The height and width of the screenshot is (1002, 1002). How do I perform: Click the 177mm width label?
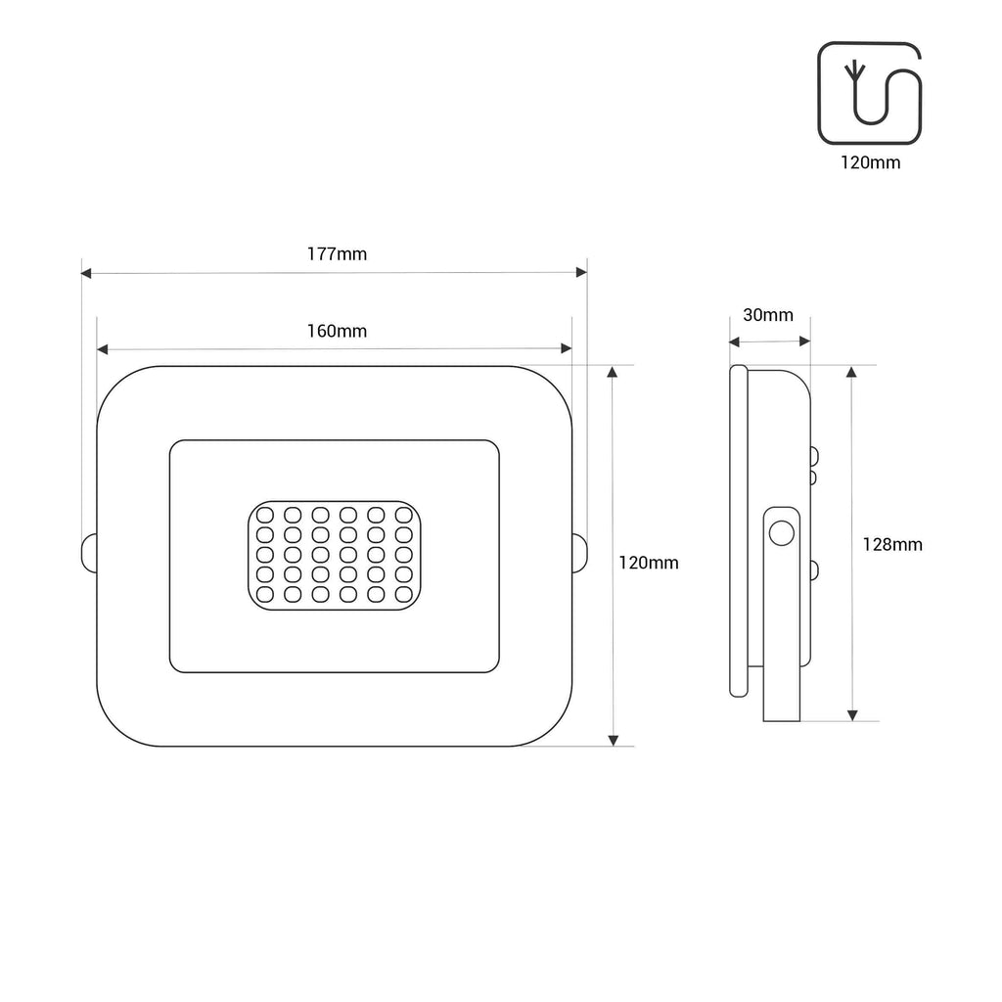[x=337, y=254]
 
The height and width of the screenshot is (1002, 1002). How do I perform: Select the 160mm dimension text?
[x=337, y=331]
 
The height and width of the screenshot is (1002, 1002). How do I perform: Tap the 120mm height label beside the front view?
[x=649, y=564]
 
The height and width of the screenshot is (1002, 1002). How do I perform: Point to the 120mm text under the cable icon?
[x=870, y=163]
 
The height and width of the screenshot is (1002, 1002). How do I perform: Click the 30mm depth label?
[x=768, y=315]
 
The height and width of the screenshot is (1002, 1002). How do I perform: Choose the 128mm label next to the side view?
[x=891, y=545]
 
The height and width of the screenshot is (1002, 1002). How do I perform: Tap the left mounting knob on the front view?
[x=88, y=552]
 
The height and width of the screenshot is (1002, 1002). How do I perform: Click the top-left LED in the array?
[x=264, y=515]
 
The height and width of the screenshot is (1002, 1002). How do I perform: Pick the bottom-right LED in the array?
[x=403, y=594]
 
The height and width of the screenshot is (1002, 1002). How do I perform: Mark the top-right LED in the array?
[x=403, y=515]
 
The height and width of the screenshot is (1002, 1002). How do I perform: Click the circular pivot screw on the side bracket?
[x=781, y=533]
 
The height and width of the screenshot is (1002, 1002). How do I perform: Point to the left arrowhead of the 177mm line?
[x=86, y=273]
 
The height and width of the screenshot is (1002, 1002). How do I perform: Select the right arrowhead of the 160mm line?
[x=566, y=349]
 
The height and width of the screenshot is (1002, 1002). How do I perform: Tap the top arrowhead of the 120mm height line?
[x=614, y=373]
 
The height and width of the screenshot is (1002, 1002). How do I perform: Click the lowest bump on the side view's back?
[x=814, y=570]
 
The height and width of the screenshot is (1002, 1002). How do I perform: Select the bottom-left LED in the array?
[x=264, y=594]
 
